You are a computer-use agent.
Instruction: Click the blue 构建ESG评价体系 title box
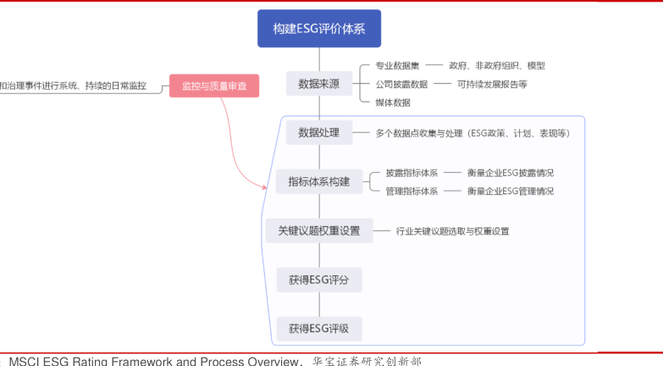pyautogui.click(x=319, y=28)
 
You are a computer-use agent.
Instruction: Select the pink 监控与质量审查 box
pyautogui.click(x=214, y=86)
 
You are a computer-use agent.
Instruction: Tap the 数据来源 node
pyautogui.click(x=319, y=84)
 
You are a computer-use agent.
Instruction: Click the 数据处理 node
pyautogui.click(x=318, y=132)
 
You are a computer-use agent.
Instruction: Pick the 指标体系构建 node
pyautogui.click(x=318, y=181)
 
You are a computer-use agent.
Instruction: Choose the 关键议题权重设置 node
pyautogui.click(x=318, y=230)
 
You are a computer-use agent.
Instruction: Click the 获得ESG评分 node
pyautogui.click(x=318, y=279)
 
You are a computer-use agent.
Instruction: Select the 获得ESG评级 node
pyautogui.click(x=318, y=328)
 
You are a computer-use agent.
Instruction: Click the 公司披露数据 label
pyautogui.click(x=401, y=84)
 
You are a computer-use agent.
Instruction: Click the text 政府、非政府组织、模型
pyautogui.click(x=497, y=65)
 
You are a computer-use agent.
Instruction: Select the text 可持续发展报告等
pyautogui.click(x=492, y=84)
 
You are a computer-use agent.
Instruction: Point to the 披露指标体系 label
pyautogui.click(x=412, y=173)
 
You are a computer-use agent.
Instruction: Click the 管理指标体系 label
pyautogui.click(x=412, y=191)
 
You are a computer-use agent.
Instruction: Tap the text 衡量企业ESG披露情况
pyautogui.click(x=511, y=173)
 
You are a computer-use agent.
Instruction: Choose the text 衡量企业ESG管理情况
pyautogui.click(x=511, y=191)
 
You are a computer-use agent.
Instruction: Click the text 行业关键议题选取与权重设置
pyautogui.click(x=452, y=230)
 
